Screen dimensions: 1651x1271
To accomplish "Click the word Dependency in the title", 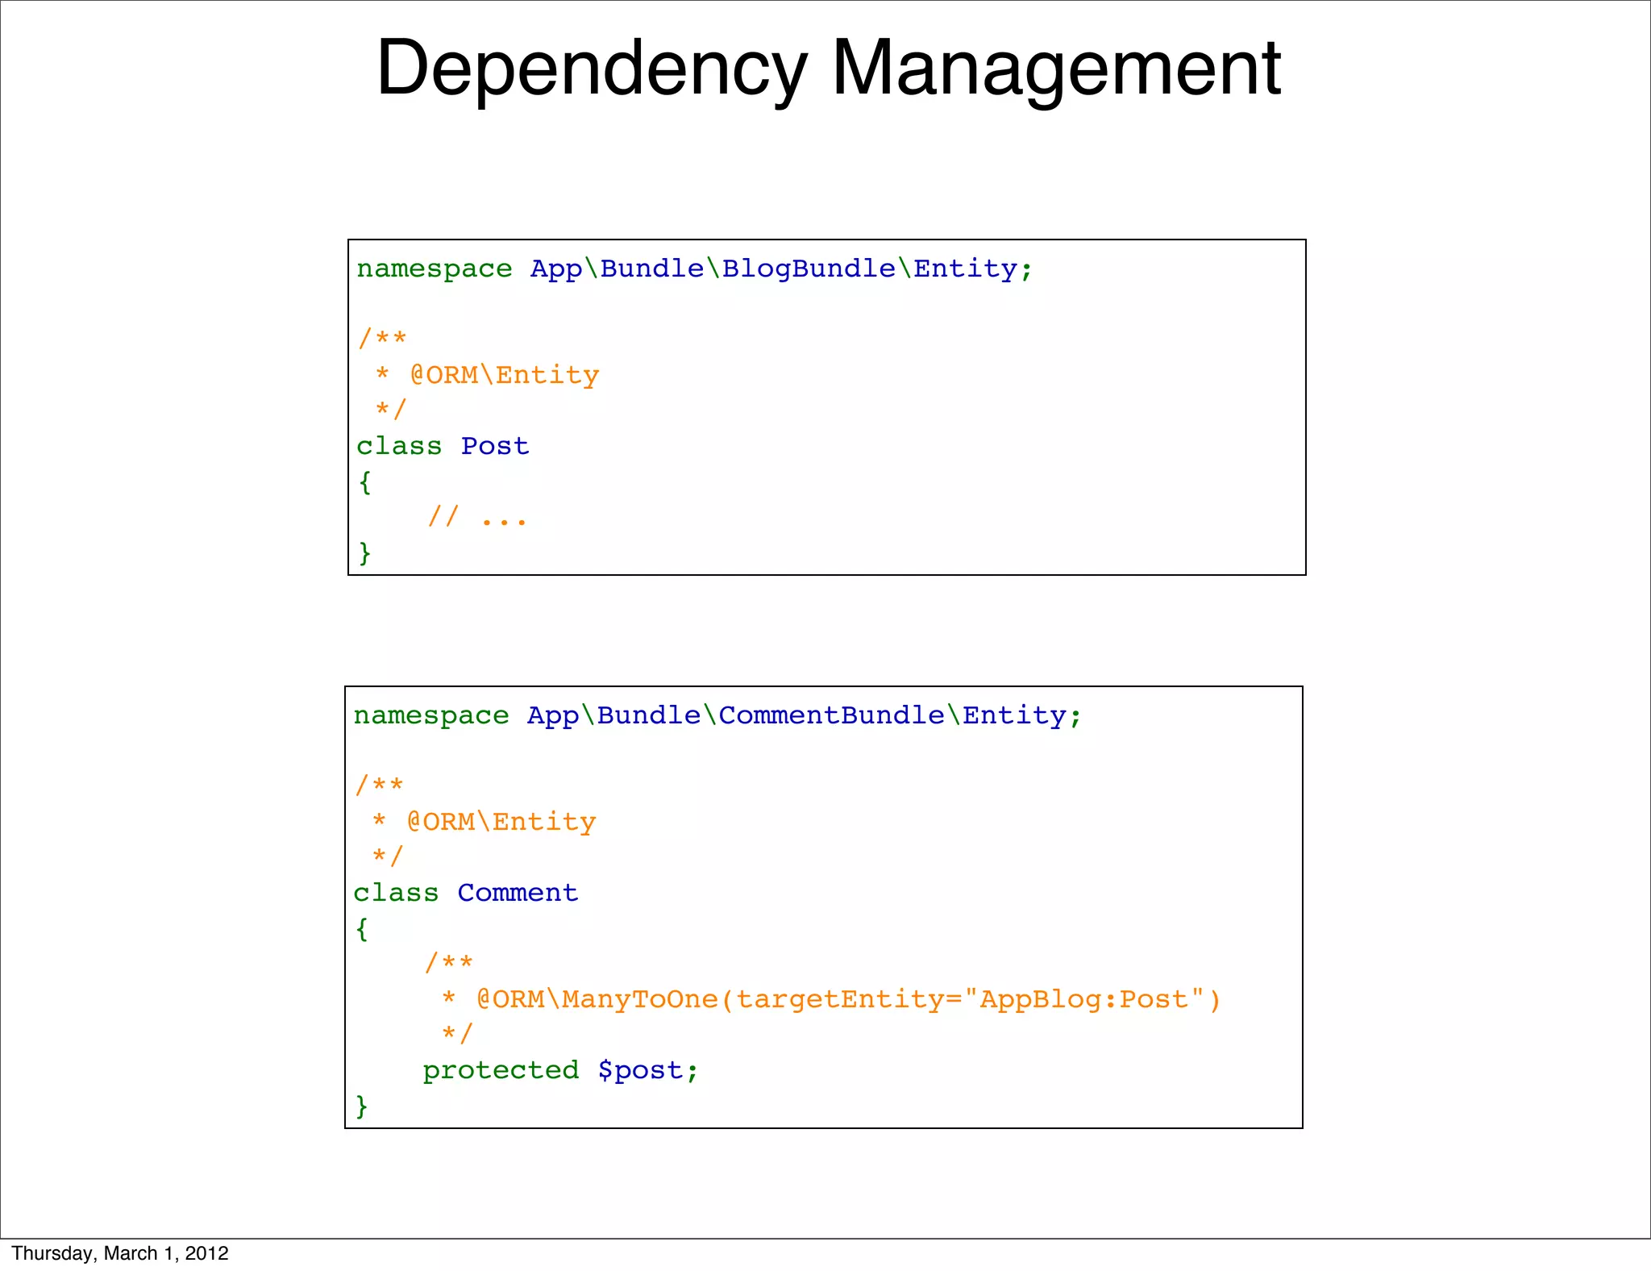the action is click(592, 69).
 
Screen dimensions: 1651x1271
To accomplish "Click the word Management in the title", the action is click(1056, 69).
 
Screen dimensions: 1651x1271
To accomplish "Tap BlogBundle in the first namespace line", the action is click(809, 269).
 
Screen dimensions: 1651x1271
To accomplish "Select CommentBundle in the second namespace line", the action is click(831, 715).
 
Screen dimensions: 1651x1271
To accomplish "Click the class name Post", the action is click(495, 446).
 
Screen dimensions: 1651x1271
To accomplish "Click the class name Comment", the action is click(518, 893).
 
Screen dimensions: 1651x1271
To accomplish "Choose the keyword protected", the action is click(501, 1070).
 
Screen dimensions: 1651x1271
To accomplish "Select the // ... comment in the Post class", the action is click(477, 517).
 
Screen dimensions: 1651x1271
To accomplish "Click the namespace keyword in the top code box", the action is click(435, 269).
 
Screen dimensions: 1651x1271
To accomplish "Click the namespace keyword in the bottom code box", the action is click(431, 715).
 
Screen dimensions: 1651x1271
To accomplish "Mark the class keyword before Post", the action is click(399, 446).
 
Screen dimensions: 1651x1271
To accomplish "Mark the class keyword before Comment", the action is click(396, 893).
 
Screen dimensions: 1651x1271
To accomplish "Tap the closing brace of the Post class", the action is click(364, 552).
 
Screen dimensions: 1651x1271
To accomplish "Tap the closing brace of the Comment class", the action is click(361, 1106).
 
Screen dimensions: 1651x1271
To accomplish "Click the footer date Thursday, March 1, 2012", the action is click(120, 1253).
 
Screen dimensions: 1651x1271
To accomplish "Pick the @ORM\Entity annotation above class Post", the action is click(505, 375).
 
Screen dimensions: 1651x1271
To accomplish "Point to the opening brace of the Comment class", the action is click(361, 928).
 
